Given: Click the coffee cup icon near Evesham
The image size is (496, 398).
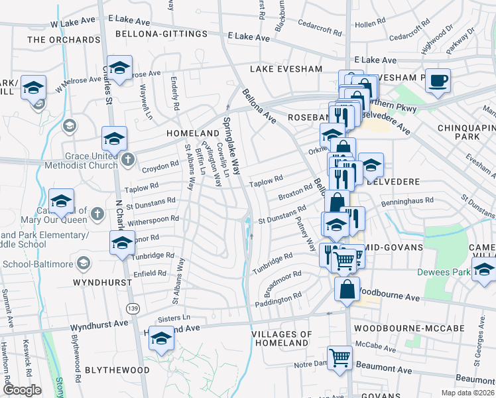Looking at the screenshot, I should [438, 81].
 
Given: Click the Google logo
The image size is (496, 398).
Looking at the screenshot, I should [22, 390].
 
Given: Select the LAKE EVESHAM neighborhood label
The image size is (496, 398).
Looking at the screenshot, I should [286, 69].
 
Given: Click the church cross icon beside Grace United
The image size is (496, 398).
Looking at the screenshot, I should [128, 159].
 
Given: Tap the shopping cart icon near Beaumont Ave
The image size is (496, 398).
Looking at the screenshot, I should [340, 357].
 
